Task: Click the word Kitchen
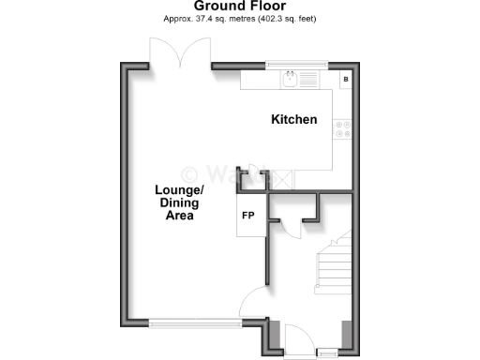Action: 293,120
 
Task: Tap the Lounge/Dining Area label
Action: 174,202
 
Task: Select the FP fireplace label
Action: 248,216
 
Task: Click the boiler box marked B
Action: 346,79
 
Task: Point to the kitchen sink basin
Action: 292,80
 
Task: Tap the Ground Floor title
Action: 240,6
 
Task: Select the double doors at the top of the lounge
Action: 178,52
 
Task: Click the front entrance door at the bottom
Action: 298,337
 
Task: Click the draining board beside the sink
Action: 313,80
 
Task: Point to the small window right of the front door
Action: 326,352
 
